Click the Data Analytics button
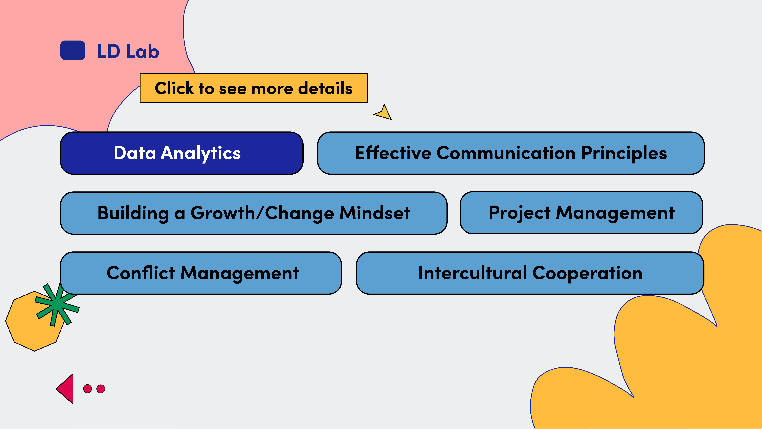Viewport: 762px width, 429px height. click(x=182, y=153)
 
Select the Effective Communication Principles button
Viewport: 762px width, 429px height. click(x=511, y=153)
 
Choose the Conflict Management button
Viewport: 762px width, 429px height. click(x=201, y=273)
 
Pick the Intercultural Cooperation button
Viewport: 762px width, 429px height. click(x=530, y=273)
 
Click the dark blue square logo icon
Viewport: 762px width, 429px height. click(x=73, y=50)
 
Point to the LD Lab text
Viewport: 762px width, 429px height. click(x=128, y=51)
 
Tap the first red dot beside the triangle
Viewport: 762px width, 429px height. click(x=88, y=389)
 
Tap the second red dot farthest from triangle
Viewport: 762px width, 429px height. click(x=101, y=389)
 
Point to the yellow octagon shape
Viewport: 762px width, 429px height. click(x=35, y=321)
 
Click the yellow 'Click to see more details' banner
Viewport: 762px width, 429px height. click(x=253, y=88)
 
